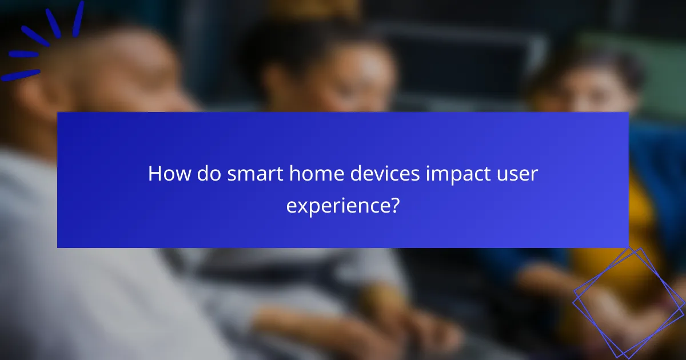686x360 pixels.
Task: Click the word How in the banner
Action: (166, 174)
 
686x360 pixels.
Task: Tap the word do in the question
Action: (206, 174)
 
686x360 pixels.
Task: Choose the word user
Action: (520, 174)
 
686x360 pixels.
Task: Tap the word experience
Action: (337, 205)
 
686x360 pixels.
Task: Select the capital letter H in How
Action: (154, 174)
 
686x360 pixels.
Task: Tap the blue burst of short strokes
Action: (43, 40)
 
